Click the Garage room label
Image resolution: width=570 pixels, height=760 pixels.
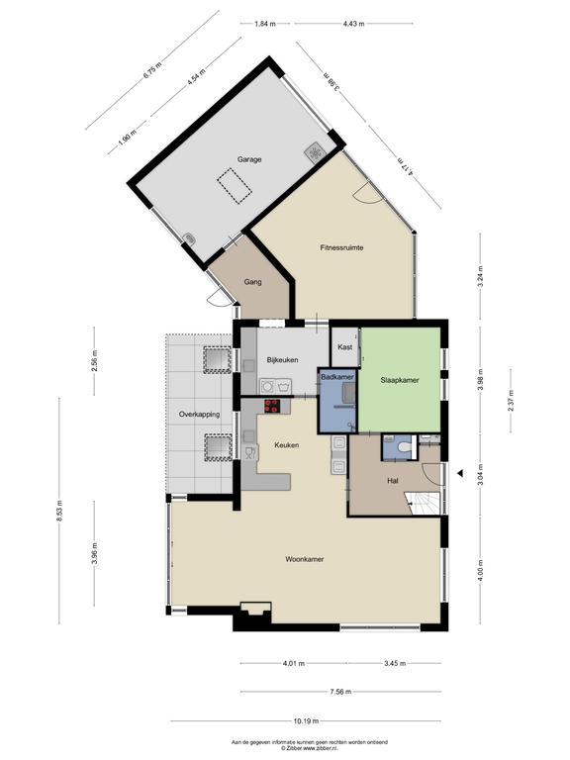(249, 159)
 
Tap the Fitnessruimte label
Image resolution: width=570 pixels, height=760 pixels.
(341, 247)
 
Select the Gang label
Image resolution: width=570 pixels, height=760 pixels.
(253, 282)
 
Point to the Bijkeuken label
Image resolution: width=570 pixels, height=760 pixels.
(283, 360)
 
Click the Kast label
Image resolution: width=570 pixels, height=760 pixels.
(345, 347)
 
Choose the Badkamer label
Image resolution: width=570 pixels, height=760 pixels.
(337, 377)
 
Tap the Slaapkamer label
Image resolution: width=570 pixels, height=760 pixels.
(400, 380)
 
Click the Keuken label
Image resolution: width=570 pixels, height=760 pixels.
(286, 445)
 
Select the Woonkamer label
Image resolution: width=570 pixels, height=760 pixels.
(305, 559)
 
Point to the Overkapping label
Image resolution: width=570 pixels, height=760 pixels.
(199, 415)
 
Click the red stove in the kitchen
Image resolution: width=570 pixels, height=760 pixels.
(272, 406)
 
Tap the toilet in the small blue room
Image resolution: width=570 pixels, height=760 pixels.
(404, 447)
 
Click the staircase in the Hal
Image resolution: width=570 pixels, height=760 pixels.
(423, 503)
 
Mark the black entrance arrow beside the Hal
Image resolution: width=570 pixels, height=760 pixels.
(460, 473)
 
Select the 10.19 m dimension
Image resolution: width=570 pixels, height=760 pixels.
(306, 720)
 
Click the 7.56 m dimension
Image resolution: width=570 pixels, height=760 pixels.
(340, 692)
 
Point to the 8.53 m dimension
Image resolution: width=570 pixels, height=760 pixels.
(59, 511)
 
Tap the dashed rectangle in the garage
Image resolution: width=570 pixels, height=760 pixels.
(235, 186)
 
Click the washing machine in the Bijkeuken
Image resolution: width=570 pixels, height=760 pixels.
(267, 386)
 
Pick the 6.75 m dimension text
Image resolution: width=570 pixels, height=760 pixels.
(152, 71)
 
